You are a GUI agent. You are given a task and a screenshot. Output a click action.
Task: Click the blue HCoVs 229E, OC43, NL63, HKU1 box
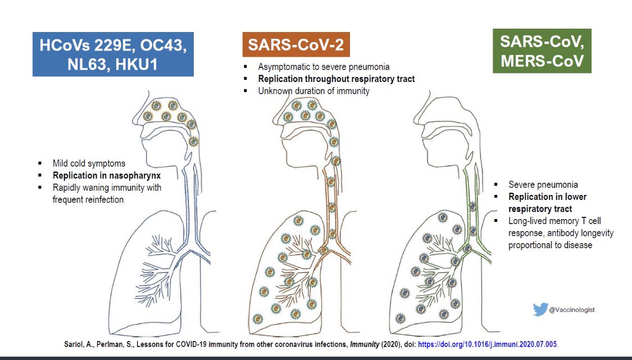point(113,54)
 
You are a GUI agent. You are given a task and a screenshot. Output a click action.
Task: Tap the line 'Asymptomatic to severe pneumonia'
point(324,67)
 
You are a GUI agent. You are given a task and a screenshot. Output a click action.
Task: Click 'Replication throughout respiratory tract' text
point(337,79)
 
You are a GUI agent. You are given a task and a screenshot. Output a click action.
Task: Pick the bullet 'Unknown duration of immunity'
point(313,90)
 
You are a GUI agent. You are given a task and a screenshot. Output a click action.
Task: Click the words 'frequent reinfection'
point(93,199)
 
